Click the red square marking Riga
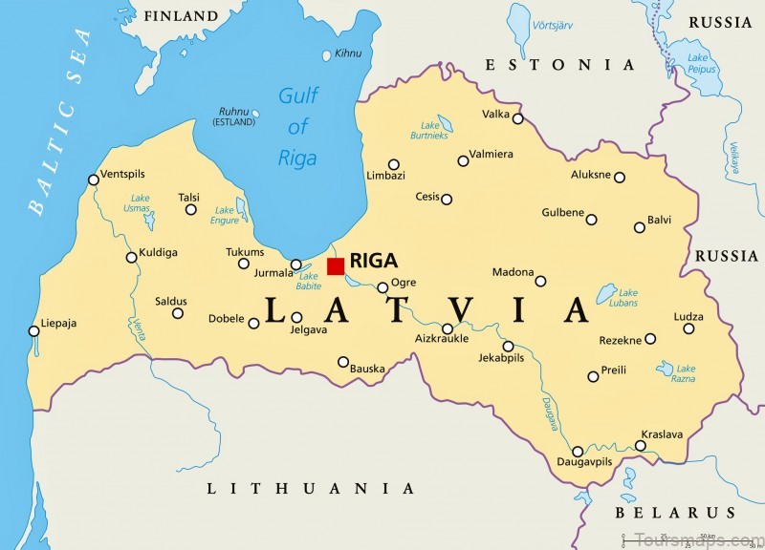336,265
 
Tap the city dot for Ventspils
93,179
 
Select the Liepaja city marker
34,331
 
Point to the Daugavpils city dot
578,452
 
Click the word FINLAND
182,16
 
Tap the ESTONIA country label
559,65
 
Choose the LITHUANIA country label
312,488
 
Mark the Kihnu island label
348,53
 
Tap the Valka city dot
517,118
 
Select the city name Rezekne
620,339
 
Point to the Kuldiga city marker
132,257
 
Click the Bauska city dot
343,361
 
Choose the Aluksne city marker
619,177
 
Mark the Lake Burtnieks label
431,131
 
